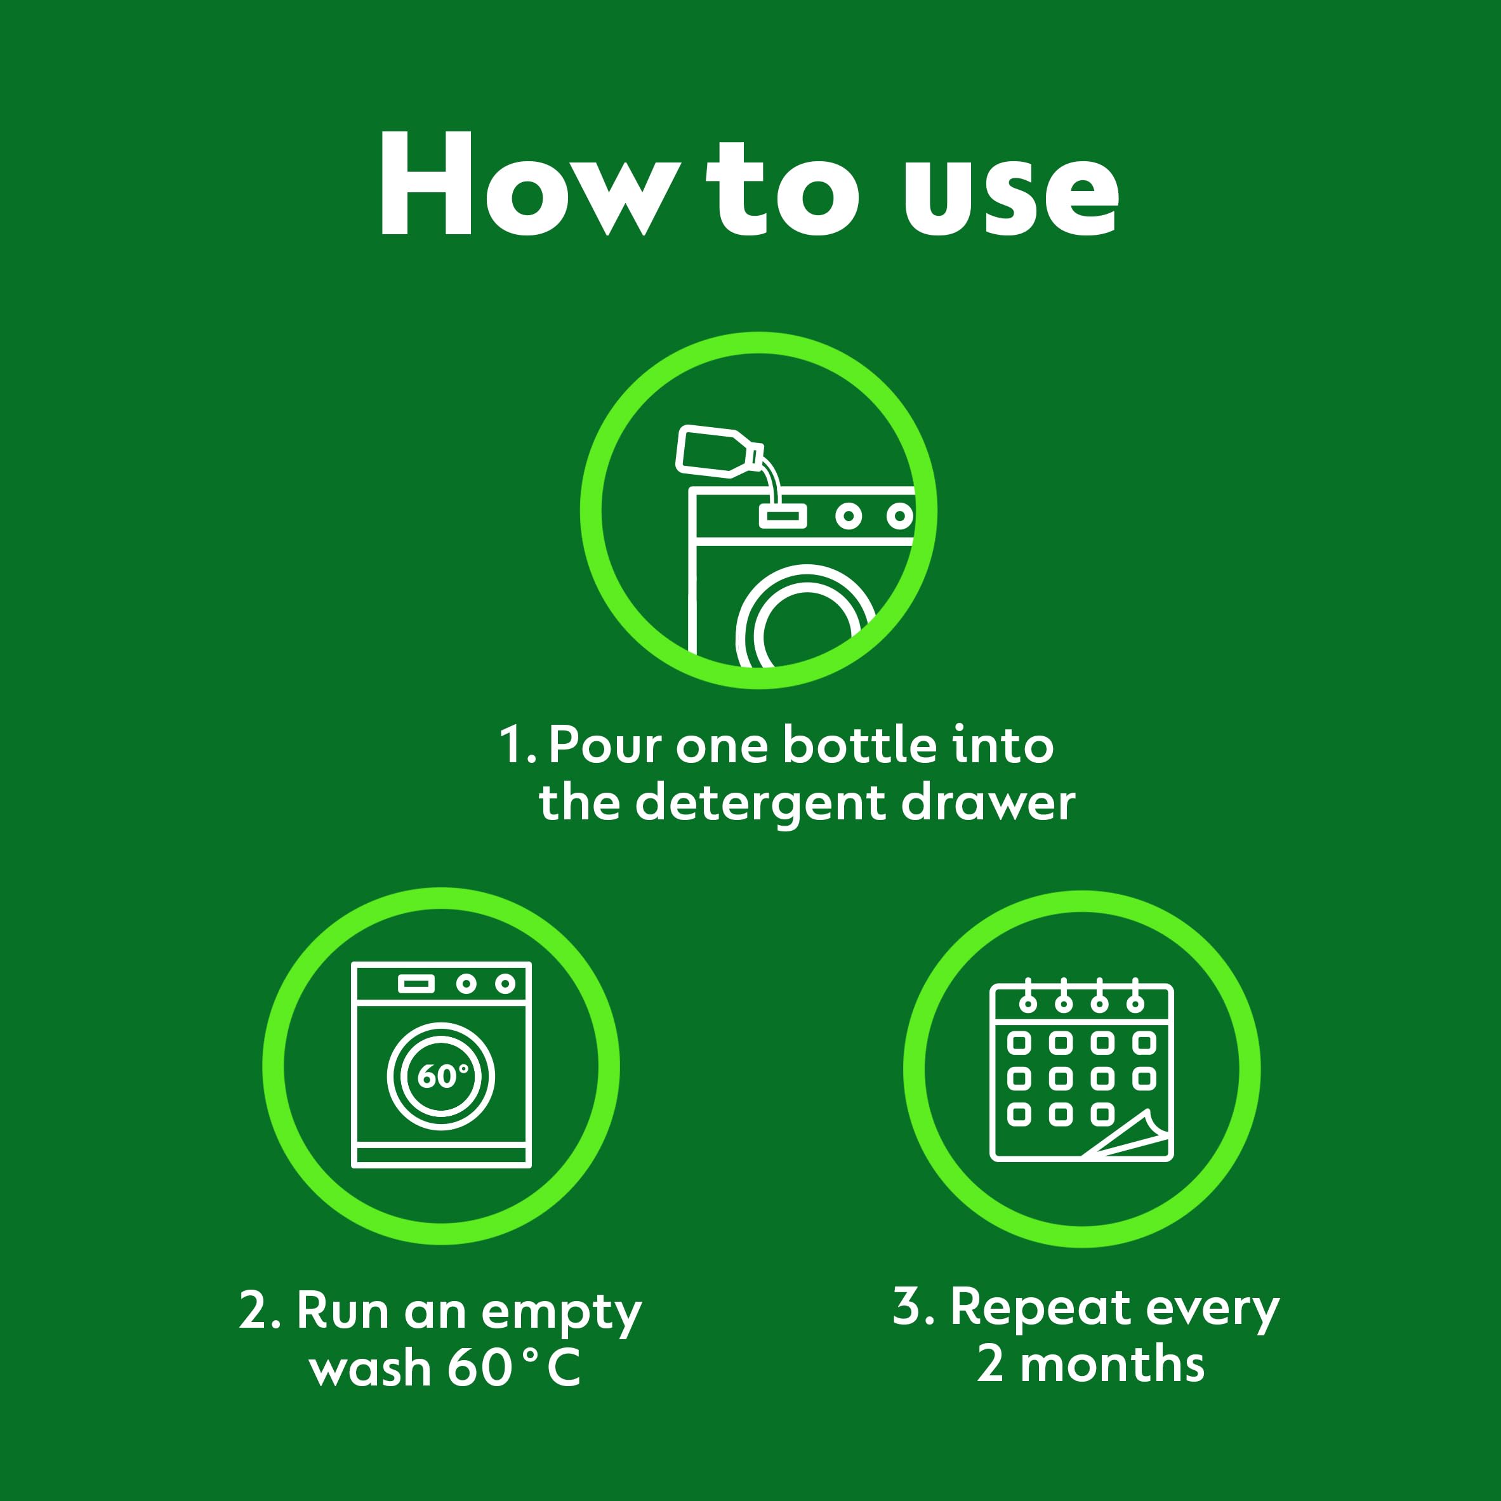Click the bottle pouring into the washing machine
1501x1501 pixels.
tap(715, 451)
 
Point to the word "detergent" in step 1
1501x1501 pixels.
tap(760, 804)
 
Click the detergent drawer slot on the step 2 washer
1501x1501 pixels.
tap(416, 984)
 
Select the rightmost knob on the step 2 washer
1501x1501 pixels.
tap(505, 984)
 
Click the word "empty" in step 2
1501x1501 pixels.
tap(561, 1314)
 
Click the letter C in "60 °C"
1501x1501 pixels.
tap(563, 1368)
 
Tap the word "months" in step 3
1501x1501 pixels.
tap(1112, 1365)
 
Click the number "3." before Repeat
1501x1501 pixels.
tap(913, 1307)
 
